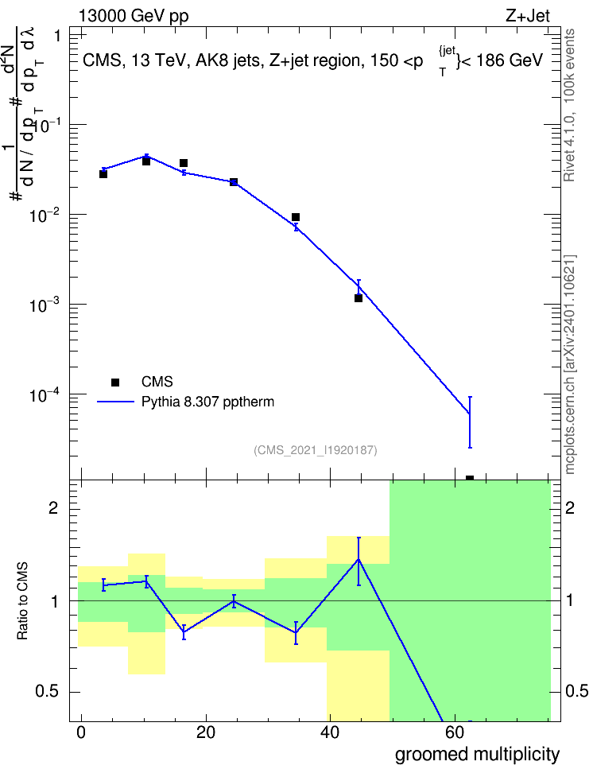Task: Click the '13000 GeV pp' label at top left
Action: pos(134,16)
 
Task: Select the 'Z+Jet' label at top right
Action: pos(528,16)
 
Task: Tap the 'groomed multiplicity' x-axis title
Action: pos(477,754)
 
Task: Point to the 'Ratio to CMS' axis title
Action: pos(22,600)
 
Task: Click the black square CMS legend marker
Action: pos(115,382)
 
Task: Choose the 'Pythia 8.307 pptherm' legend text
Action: pos(207,402)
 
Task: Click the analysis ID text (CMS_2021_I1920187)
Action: pos(316,450)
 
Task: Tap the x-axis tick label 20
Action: pos(205,732)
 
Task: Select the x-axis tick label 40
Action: pos(329,732)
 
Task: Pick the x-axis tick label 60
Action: pos(454,732)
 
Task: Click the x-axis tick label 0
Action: pos(81,732)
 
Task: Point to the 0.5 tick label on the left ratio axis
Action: pos(47,691)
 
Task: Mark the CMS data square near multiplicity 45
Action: pos(359,298)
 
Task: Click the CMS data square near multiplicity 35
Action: pos(296,217)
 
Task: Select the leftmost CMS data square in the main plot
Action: pos(103,174)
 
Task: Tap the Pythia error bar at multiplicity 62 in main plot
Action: pos(470,422)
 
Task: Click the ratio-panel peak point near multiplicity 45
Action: pos(359,560)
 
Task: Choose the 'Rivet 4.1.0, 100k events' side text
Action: pos(569,105)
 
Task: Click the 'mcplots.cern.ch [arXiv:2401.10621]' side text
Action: pos(569,364)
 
